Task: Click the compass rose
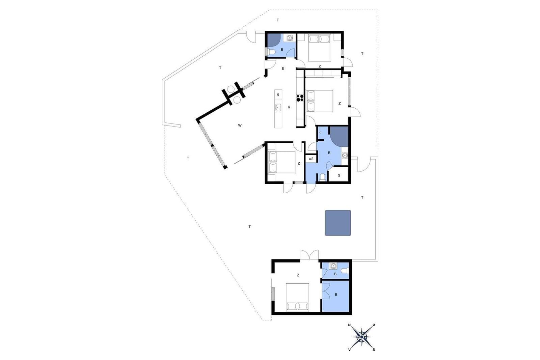[361, 337]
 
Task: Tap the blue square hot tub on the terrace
[338, 223]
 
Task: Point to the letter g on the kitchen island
[278, 94]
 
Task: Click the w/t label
[311, 159]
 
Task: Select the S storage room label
[339, 175]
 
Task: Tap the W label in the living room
[240, 125]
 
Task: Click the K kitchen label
[289, 107]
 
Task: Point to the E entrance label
[283, 69]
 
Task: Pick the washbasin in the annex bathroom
[333, 266]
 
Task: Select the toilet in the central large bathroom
[322, 177]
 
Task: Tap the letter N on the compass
[349, 325]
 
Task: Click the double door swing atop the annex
[309, 255]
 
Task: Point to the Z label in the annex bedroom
[298, 275]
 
